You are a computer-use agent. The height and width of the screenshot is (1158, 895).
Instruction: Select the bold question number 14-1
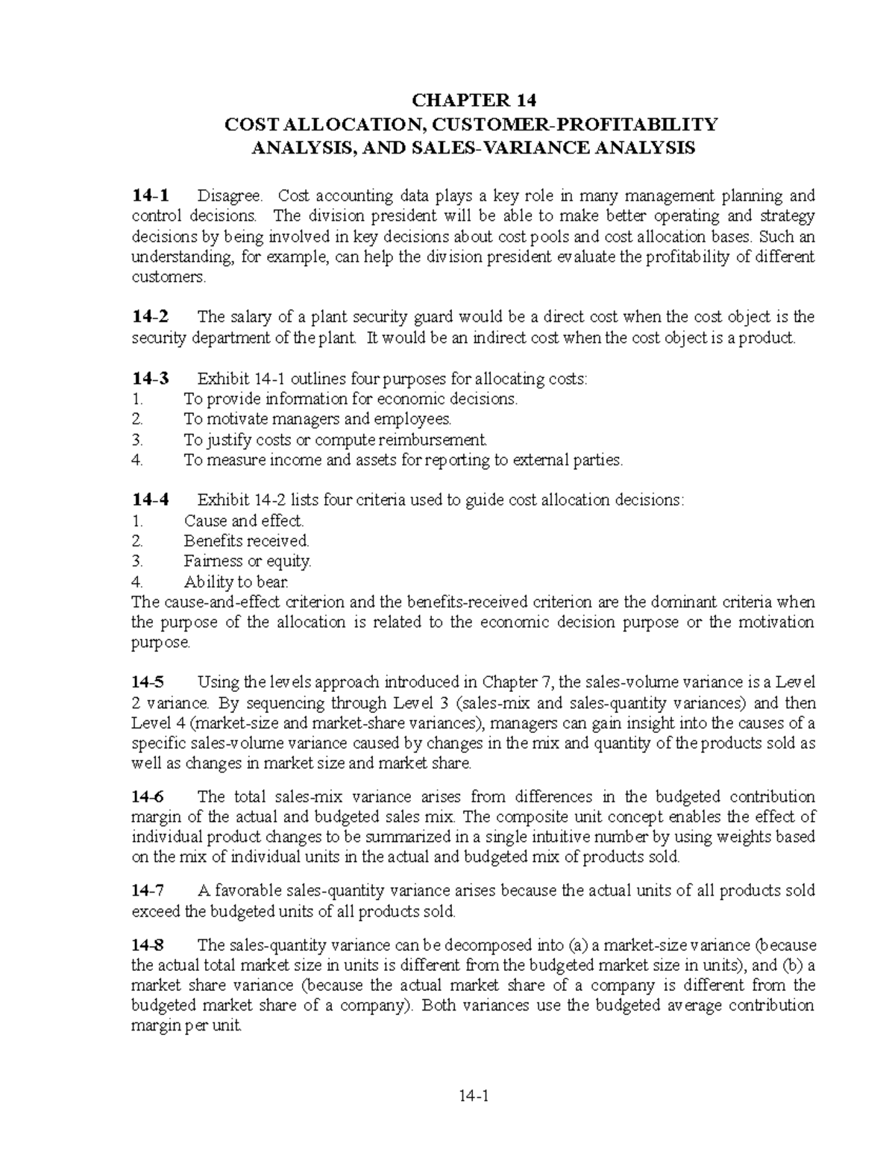[x=150, y=196]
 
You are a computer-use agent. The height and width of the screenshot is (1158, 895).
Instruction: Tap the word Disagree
[x=230, y=196]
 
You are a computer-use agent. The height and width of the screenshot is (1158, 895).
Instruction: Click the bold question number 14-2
[x=150, y=317]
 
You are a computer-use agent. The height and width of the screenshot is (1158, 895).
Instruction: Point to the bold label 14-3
[x=150, y=379]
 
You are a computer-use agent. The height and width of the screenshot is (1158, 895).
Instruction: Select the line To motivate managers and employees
[x=318, y=419]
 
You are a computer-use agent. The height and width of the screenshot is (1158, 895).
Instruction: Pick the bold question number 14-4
[x=150, y=500]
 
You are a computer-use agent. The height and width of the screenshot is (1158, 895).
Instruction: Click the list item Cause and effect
[x=244, y=520]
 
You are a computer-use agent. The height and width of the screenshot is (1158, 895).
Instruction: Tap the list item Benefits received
[x=246, y=541]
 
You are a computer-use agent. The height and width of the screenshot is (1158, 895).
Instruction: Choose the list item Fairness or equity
[x=248, y=561]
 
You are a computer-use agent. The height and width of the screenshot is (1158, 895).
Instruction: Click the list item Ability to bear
[x=236, y=582]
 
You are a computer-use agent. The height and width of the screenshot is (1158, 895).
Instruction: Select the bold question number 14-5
[x=150, y=682]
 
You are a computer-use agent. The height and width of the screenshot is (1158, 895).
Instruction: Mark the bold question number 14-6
[x=150, y=796]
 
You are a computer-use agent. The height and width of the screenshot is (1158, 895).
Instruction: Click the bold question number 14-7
[x=150, y=890]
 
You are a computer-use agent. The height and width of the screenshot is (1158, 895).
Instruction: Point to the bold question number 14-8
[x=150, y=945]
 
